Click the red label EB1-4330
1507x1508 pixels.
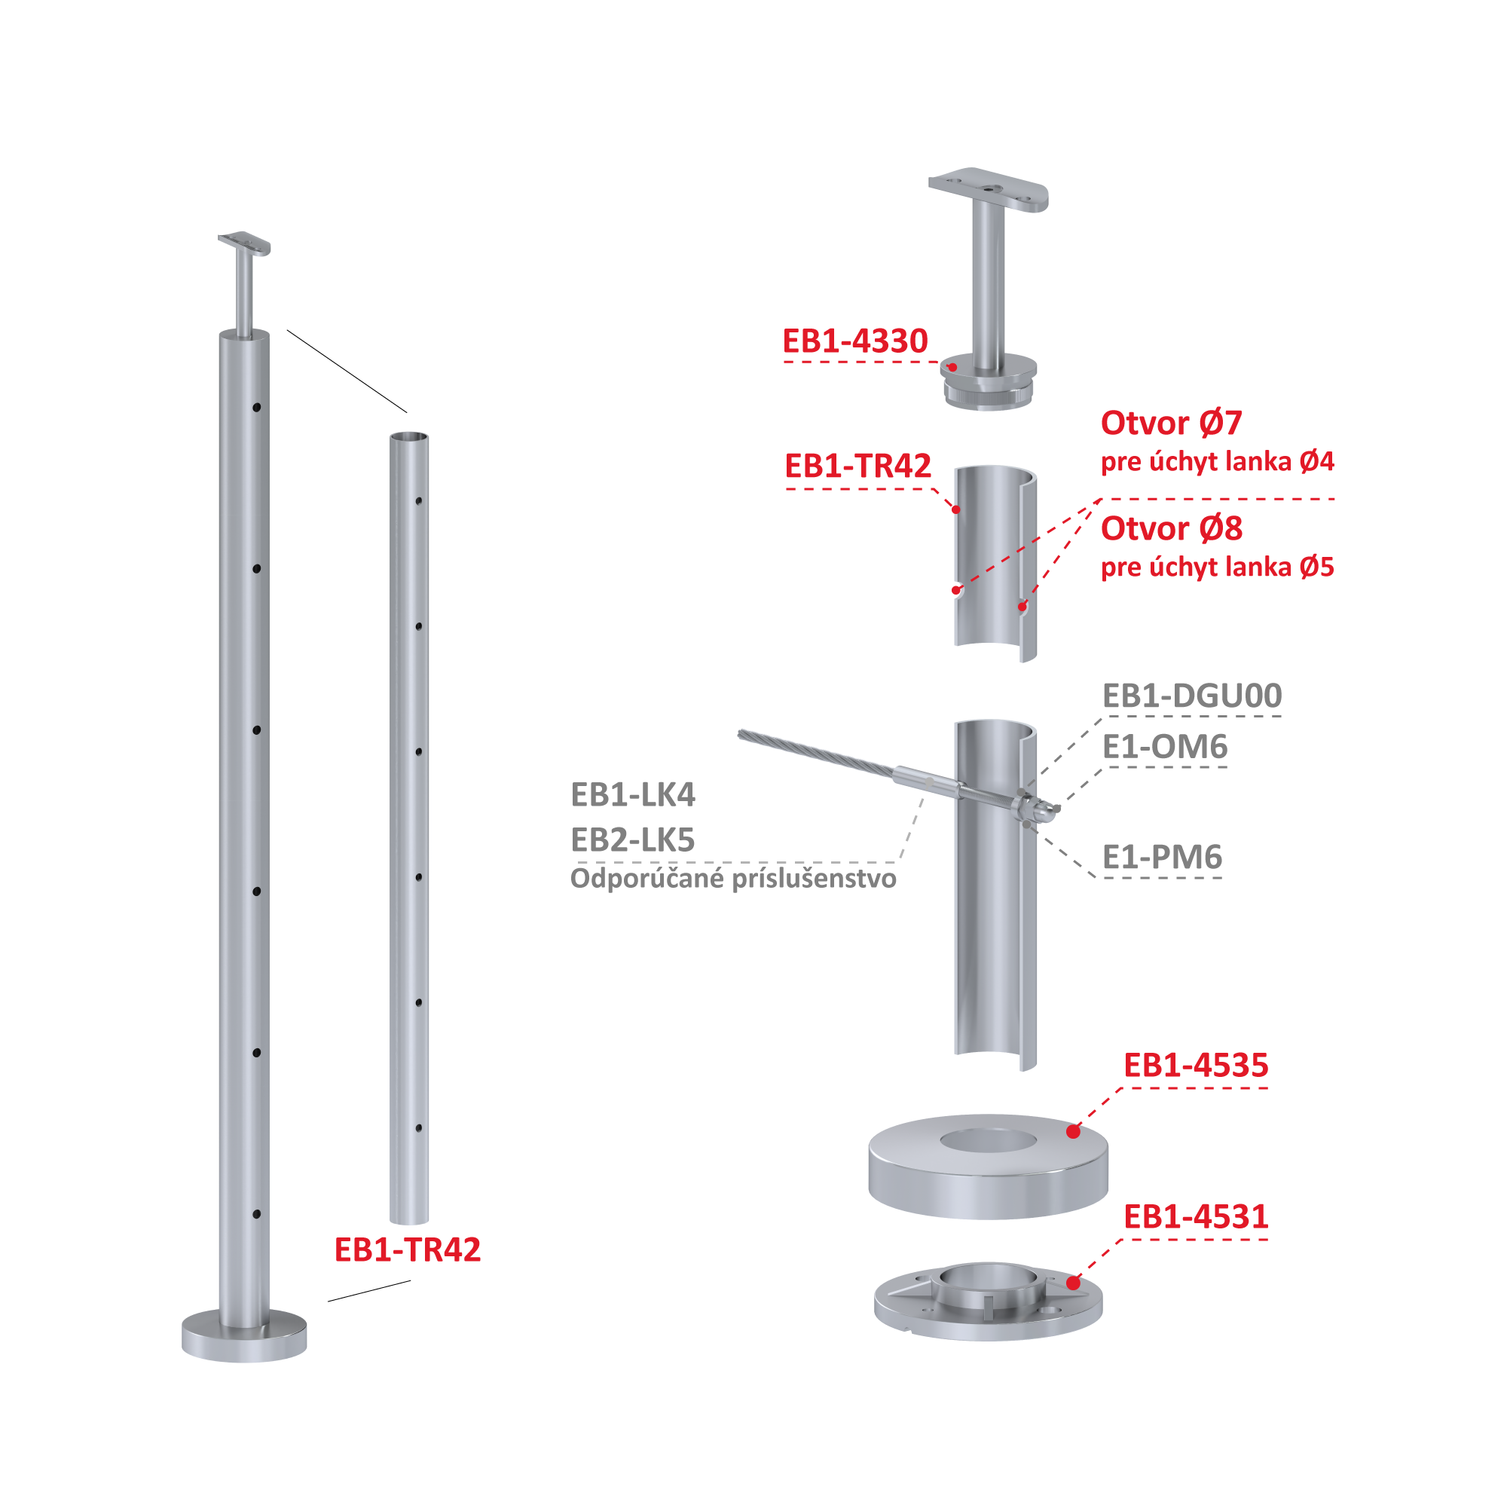[x=854, y=341]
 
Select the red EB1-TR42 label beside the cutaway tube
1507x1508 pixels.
[x=857, y=466]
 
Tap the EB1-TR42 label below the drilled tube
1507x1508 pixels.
[x=408, y=1250]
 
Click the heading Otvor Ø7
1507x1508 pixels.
[x=1171, y=423]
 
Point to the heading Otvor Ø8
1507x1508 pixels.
[x=1171, y=528]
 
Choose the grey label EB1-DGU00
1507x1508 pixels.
[x=1192, y=696]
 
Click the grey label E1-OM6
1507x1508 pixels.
[x=1164, y=747]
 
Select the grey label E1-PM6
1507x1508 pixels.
[x=1162, y=857]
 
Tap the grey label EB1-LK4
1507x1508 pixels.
[x=633, y=794]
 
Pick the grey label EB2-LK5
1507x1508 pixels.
[x=633, y=840]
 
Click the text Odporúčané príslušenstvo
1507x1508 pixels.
[x=734, y=879]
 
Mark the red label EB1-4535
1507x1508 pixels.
[x=1196, y=1066]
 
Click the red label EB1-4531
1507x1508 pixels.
[x=1196, y=1217]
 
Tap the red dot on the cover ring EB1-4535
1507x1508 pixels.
[x=1073, y=1131]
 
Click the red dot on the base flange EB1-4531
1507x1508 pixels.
[x=1073, y=1283]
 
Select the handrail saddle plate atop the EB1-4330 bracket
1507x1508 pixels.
[x=988, y=189]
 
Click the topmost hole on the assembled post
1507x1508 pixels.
[x=257, y=408]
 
